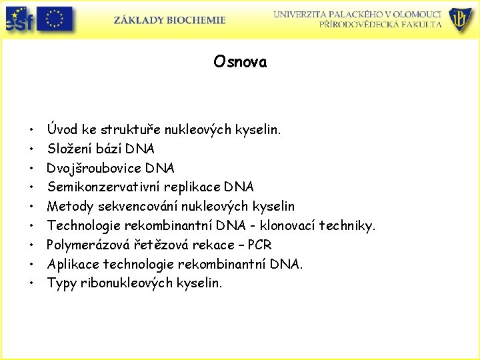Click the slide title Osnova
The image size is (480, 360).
240,62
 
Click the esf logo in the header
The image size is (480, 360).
18,20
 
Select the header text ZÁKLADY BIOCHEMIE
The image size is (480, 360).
169,20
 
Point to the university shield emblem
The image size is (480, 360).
461,20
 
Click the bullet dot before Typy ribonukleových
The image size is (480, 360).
31,283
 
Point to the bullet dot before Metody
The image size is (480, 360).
31,207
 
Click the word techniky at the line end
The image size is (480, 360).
349,225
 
